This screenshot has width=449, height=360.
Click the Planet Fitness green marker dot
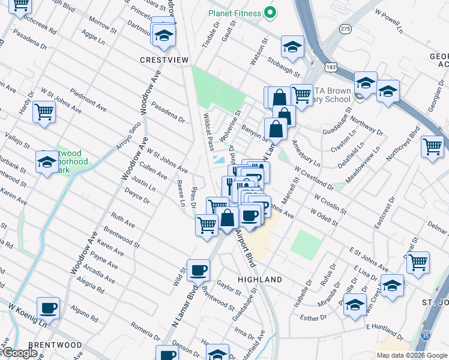coord(270,13)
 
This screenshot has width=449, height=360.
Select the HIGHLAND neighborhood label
coord(260,280)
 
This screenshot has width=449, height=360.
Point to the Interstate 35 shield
coord(426,338)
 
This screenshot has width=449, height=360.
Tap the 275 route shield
coord(345,28)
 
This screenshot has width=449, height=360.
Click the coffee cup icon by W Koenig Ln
coord(49,308)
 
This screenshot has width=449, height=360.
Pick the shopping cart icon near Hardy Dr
coord(44,112)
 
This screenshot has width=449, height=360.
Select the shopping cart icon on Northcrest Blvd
coord(432,146)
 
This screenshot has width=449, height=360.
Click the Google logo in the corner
coord(20,353)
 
